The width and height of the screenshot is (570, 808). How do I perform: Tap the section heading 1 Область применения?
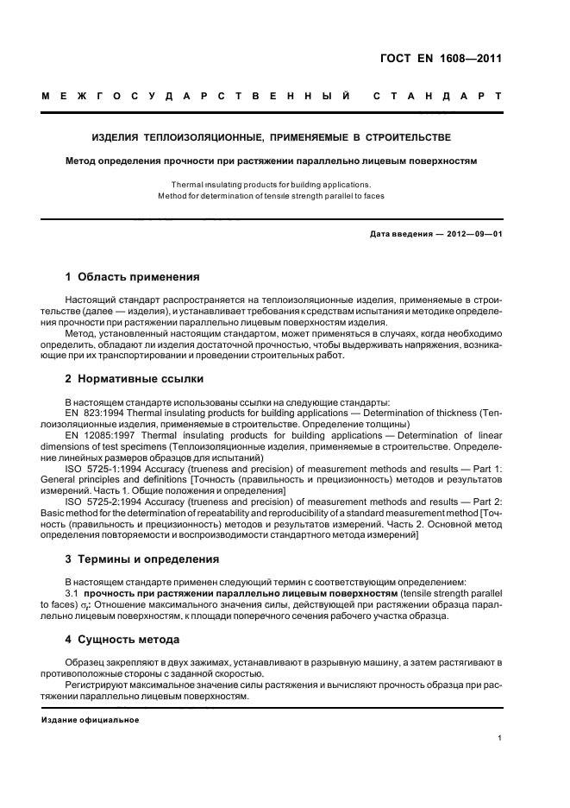[133, 277]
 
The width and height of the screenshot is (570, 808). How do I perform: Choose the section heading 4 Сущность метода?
[122, 640]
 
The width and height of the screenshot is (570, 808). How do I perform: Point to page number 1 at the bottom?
[500, 739]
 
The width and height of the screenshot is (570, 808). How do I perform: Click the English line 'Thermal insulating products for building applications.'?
[271, 185]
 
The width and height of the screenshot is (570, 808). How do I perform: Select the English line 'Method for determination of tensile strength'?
[271, 196]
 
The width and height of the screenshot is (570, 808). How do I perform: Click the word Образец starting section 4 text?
[86, 661]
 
